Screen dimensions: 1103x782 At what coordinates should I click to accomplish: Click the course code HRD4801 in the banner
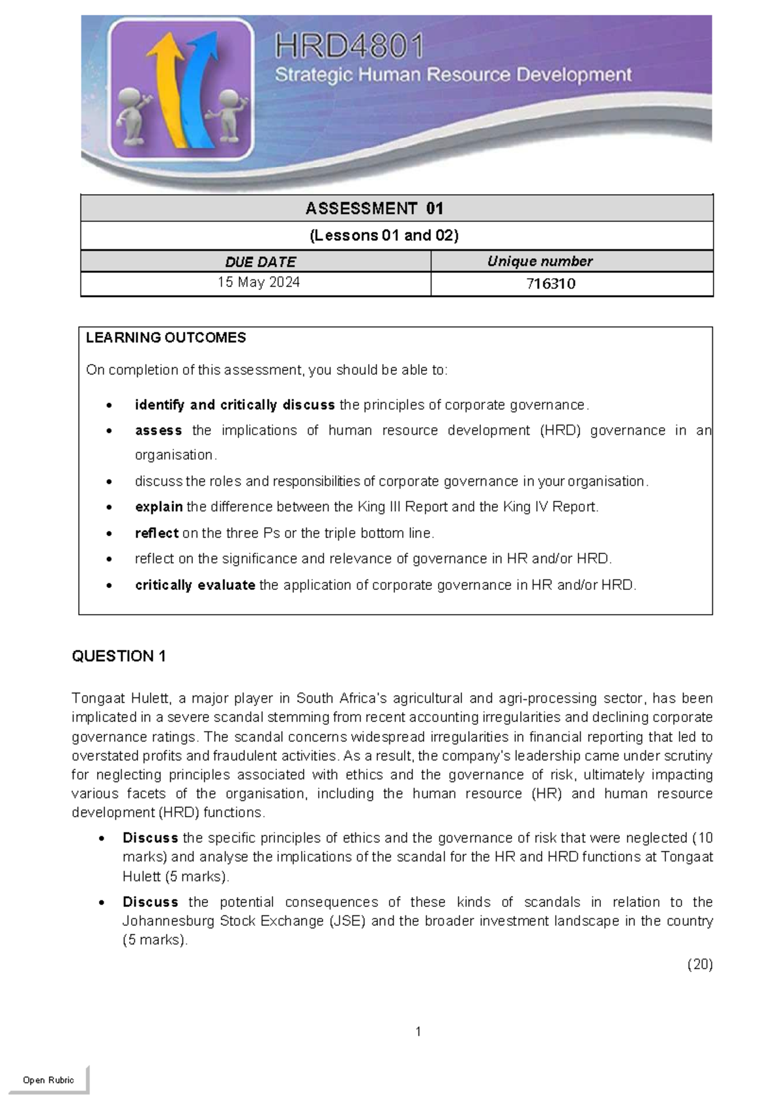coord(349,47)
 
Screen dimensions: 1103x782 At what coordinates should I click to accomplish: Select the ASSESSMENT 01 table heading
coord(374,208)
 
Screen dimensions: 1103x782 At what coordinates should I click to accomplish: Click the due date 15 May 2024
coord(259,283)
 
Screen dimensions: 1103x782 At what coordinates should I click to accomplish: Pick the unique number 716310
coord(551,284)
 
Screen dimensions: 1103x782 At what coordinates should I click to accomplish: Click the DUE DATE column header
coord(260,262)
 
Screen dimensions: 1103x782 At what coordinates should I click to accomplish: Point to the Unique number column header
coord(540,261)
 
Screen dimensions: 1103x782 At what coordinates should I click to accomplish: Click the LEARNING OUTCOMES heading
coord(166,337)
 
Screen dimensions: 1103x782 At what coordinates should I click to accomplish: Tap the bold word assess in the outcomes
coord(158,430)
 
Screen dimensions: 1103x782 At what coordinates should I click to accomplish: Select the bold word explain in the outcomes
coord(158,507)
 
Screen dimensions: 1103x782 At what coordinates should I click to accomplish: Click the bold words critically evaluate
coord(195,585)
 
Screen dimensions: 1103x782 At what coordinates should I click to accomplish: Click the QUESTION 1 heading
coord(119,656)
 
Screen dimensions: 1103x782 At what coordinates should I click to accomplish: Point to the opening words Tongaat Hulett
coord(121,698)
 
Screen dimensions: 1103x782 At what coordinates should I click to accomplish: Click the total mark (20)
coord(700,964)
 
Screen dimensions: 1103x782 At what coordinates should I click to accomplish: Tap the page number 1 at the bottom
coord(418,1031)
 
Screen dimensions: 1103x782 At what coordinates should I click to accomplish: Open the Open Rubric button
coord(48,1080)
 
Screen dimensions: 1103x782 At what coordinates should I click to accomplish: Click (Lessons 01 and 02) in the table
coord(384,235)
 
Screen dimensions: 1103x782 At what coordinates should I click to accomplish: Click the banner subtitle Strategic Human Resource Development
coord(453,75)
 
